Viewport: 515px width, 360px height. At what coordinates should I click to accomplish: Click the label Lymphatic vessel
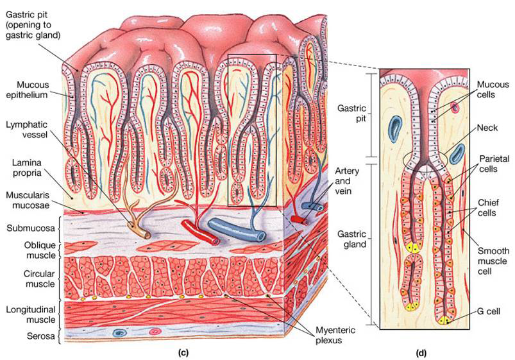(24, 127)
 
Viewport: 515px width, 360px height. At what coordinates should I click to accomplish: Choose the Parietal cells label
(491, 163)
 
